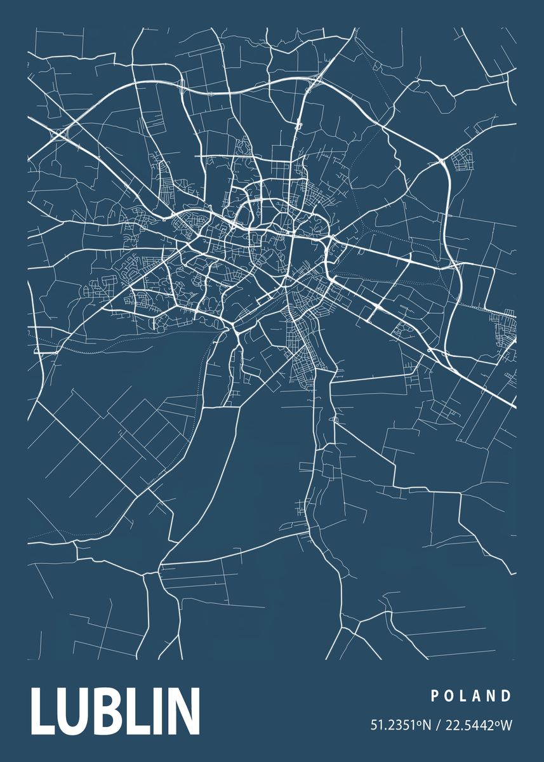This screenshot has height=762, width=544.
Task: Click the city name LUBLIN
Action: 115,711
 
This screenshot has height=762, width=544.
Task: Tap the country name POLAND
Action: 471,696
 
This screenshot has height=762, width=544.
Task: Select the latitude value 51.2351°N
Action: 400,725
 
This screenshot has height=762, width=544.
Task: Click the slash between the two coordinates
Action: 437,725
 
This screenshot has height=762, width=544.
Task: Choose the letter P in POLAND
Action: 435,696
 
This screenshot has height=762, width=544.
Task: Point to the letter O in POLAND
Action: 450,696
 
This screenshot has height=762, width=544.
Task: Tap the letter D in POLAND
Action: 507,696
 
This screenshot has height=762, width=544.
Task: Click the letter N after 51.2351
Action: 425,725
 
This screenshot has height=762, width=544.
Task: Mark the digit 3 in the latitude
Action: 393,725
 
